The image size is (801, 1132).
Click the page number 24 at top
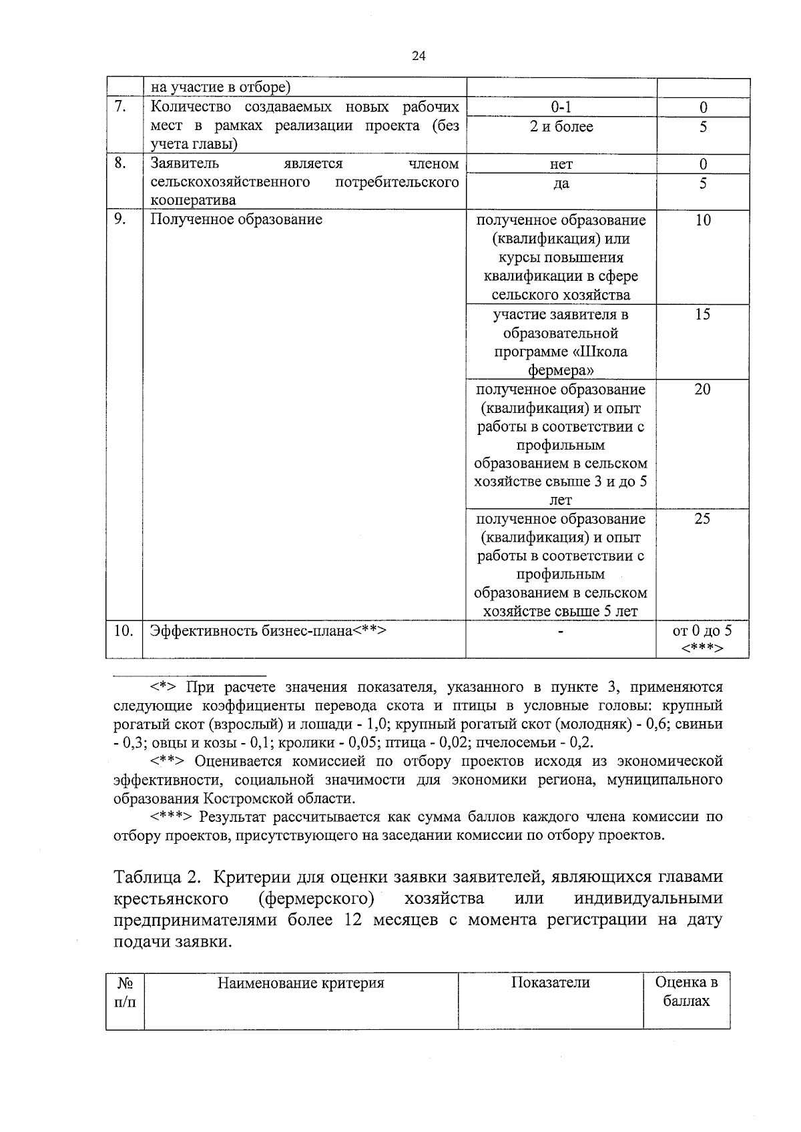coord(419,56)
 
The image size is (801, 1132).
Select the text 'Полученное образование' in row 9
coord(236,219)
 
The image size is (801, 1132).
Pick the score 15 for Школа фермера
coord(702,315)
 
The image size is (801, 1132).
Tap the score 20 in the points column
coord(702,390)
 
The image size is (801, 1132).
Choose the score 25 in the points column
coord(702,519)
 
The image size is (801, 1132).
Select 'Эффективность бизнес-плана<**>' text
coord(268,630)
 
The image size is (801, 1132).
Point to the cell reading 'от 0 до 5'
coord(702,630)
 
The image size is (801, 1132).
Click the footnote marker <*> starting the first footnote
coord(163,687)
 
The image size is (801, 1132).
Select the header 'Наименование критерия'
coord(301,983)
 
